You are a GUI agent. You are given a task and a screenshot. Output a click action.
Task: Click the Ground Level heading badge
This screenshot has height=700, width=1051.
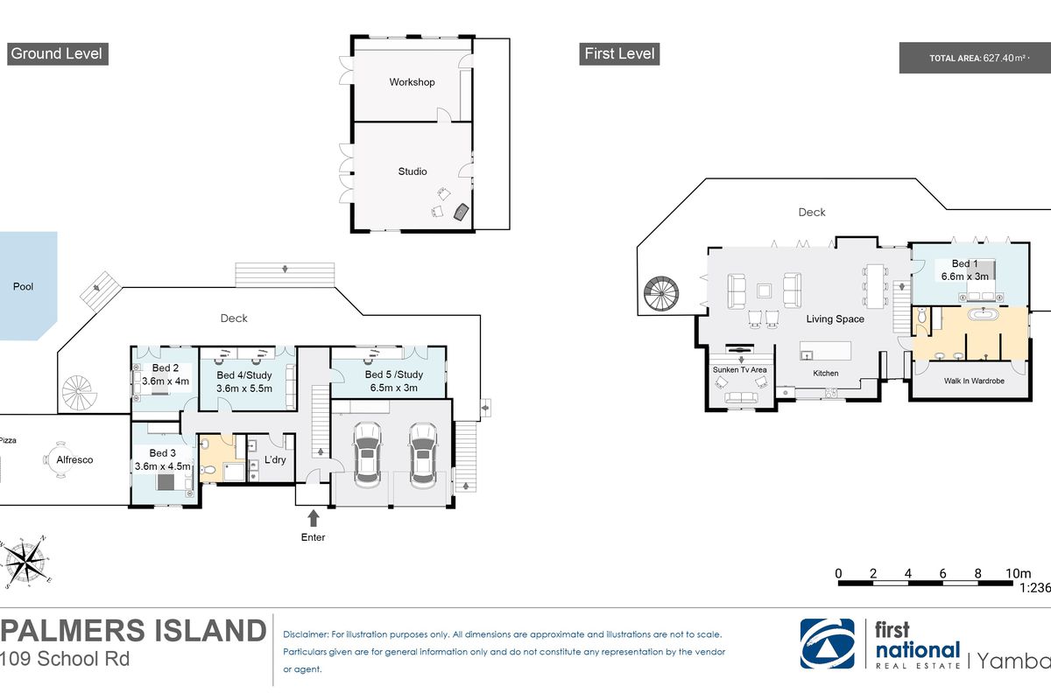coord(56,53)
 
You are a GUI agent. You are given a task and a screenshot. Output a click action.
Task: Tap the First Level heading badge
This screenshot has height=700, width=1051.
coord(619,53)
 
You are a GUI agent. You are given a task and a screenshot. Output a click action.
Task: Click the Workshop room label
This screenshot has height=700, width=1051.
coord(412,82)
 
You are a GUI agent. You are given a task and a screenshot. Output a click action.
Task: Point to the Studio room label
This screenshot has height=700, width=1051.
coord(412,171)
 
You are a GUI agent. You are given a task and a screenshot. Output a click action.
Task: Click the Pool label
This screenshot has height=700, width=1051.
coord(23,286)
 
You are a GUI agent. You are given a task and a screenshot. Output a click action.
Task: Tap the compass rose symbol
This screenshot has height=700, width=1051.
coord(28,559)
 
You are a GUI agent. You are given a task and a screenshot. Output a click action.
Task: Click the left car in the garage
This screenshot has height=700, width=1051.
coord(367,454)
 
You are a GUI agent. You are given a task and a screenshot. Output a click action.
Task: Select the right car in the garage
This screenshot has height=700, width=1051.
coord(423,454)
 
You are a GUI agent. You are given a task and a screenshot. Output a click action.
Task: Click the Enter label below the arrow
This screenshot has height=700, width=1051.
coord(313,537)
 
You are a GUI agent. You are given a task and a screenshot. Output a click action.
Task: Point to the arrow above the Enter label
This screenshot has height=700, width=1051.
coord(313,518)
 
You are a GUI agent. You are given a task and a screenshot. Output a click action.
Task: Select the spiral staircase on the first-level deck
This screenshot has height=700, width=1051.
coord(661,296)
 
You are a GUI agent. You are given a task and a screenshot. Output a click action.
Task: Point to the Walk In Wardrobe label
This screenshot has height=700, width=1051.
coord(973,381)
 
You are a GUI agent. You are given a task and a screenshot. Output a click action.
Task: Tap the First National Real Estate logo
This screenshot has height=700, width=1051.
coord(880,646)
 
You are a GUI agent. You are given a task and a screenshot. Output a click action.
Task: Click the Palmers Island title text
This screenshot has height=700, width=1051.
coord(133,631)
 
